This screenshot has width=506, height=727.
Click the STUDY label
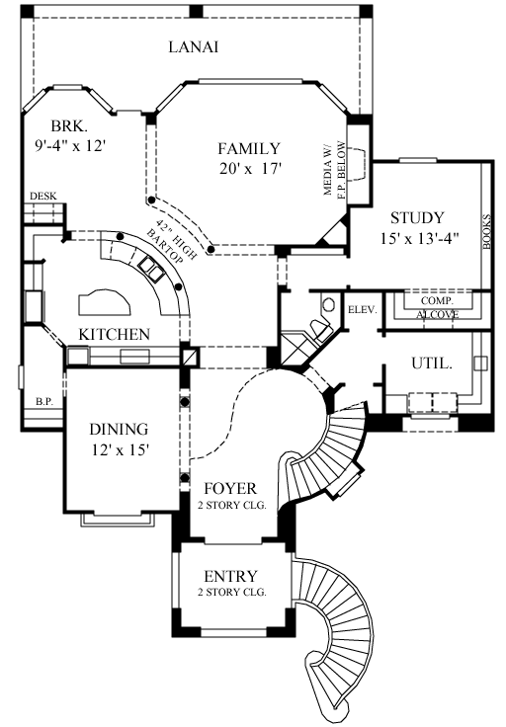coord(416,217)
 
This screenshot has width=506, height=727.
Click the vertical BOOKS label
coord(486,234)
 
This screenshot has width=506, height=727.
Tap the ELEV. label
coord(362,309)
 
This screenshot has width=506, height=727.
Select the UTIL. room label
coord(432,363)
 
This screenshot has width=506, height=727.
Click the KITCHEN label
coord(115,334)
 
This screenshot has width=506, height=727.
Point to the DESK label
coord(42,197)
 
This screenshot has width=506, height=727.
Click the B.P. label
coord(43,401)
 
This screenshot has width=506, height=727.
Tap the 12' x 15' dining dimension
coord(119,449)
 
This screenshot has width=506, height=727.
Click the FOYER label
coord(229,488)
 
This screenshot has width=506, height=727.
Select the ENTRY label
coord(230,576)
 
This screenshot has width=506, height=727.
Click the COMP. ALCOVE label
coord(436,307)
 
